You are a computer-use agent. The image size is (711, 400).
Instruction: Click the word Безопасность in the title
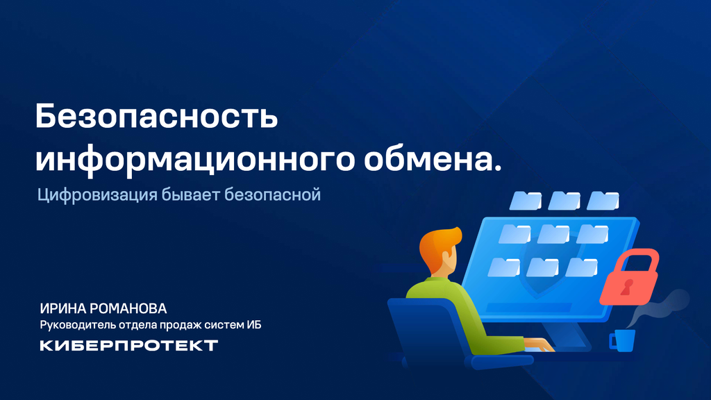coord(156,117)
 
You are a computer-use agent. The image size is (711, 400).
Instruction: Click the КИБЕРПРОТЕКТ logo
coord(128,345)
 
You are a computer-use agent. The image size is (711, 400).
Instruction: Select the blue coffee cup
coord(623,340)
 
